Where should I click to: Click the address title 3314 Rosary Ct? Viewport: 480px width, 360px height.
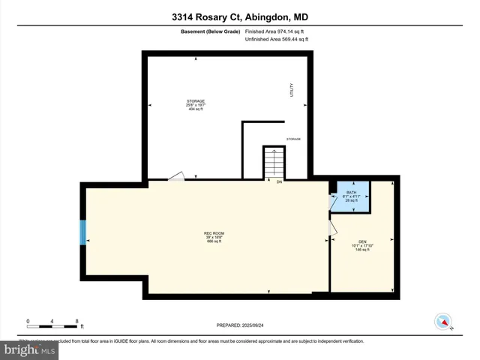240,17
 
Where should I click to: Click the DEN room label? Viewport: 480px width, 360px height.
362,245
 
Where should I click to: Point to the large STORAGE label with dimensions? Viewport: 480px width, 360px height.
195,105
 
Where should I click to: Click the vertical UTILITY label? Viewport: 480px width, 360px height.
292,89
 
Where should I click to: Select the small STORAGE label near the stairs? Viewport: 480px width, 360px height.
293,139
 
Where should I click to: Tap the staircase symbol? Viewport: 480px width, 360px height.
274,163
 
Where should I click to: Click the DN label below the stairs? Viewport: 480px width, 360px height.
279,182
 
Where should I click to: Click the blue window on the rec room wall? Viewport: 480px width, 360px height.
84,232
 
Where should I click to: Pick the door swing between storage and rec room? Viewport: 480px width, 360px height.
175,175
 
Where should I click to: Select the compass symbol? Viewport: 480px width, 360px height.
443,322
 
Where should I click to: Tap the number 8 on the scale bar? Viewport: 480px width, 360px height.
77,321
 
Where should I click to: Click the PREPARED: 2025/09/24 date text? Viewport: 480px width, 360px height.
240,326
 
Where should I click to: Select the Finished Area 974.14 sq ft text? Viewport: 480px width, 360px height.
275,31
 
